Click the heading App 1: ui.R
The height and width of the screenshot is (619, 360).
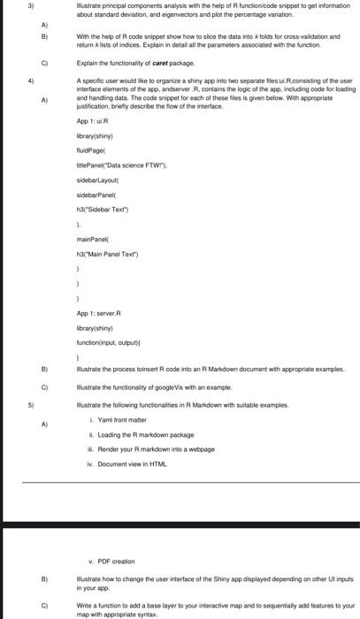point(94,120)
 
